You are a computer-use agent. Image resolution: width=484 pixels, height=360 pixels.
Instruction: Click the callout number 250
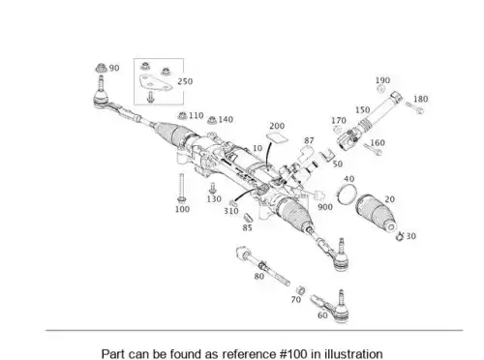pos(185,81)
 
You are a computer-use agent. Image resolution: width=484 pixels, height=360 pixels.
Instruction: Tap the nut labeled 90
pos(102,68)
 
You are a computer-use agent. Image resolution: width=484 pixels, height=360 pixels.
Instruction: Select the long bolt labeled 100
pos(181,189)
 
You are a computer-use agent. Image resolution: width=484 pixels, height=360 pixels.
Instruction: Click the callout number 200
pos(277,126)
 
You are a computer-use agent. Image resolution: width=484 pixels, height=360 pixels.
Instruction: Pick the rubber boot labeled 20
pos(377,212)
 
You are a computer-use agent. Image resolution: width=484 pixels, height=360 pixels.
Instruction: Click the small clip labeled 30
pos(400,236)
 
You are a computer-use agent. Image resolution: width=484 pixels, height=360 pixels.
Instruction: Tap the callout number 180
pos(421,99)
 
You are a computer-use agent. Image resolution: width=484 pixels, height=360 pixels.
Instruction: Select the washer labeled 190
pos(381,89)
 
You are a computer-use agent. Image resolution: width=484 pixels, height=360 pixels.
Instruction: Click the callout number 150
pos(362,109)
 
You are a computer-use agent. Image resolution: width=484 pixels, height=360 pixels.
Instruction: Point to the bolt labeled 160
pos(373,149)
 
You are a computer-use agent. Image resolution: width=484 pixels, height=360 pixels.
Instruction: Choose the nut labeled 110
pos(182,115)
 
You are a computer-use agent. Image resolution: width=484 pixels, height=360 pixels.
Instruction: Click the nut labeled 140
pos(212,120)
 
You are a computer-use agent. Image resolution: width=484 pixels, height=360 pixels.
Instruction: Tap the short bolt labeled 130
pos(212,188)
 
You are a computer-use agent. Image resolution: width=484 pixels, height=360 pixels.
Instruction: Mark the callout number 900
pos(325,207)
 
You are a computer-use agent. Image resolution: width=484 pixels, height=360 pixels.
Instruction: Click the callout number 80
pos(259,276)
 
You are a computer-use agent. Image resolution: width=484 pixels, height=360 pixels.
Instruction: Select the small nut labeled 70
pos(300,290)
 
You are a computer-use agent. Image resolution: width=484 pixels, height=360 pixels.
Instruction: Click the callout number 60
pos(322,315)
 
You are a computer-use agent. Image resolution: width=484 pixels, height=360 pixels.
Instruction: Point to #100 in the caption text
pos(293,353)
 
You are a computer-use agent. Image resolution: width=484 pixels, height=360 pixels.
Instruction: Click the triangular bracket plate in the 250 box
pos(154,82)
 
